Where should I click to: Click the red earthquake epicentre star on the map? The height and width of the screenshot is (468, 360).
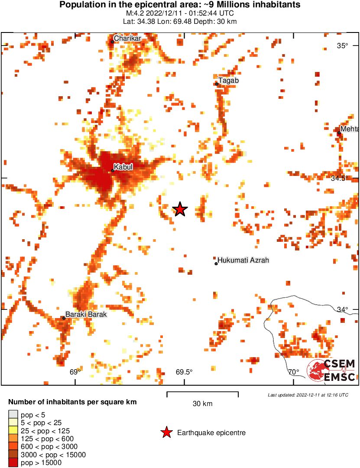coord(180,209)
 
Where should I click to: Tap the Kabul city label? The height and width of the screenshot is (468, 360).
coord(123,167)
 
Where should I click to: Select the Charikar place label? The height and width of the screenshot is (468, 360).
coord(128,39)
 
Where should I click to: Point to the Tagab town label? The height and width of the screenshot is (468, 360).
coord(228,81)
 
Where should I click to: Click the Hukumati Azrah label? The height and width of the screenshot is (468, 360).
coord(243,260)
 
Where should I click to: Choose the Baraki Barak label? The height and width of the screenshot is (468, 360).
coord(86,315)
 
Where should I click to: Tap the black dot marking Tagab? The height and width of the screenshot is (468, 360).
coord(217,84)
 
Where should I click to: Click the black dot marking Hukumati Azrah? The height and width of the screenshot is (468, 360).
coord(216,263)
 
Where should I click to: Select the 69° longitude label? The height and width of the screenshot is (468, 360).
coord(75,372)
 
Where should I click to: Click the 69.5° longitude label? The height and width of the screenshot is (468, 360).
coord(184,372)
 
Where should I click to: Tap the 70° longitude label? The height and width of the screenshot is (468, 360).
coord(293,372)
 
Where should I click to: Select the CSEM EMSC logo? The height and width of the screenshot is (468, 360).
coord(331,370)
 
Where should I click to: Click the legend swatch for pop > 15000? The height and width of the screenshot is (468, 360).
coord(13,462)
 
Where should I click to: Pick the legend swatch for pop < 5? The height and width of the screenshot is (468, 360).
coord(13,415)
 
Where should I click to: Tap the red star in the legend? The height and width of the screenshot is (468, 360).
coord(166,432)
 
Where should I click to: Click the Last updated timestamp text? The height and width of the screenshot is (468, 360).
coord(308,395)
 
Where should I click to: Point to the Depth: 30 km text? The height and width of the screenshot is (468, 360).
coord(218,22)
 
